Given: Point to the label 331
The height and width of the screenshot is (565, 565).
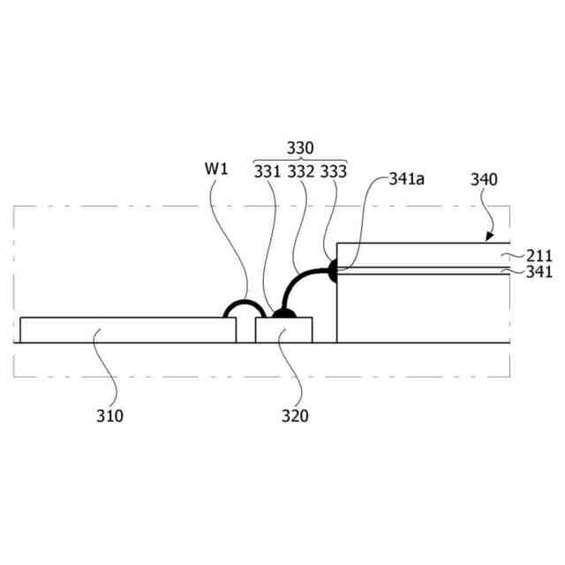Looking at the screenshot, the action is coord(267,170).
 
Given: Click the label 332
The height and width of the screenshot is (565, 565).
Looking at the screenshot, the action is coord(300,170).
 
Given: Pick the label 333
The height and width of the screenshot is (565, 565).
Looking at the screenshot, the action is coord(334,170).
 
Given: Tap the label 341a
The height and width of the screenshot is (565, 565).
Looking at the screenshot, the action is coord(408,179).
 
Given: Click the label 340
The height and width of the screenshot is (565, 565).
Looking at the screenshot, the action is coord(485,179).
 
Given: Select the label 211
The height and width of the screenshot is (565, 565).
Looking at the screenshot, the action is coord(538,256).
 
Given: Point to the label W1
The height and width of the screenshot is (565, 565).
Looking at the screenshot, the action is coord(217,167).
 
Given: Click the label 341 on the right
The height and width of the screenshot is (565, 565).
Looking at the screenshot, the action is coord(538,272).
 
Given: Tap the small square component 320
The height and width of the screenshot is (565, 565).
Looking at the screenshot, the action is coord(283,330).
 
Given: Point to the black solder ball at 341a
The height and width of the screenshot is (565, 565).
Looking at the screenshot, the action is coord(333,272).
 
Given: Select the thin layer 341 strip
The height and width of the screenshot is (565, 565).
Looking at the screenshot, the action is coord(424,272).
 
